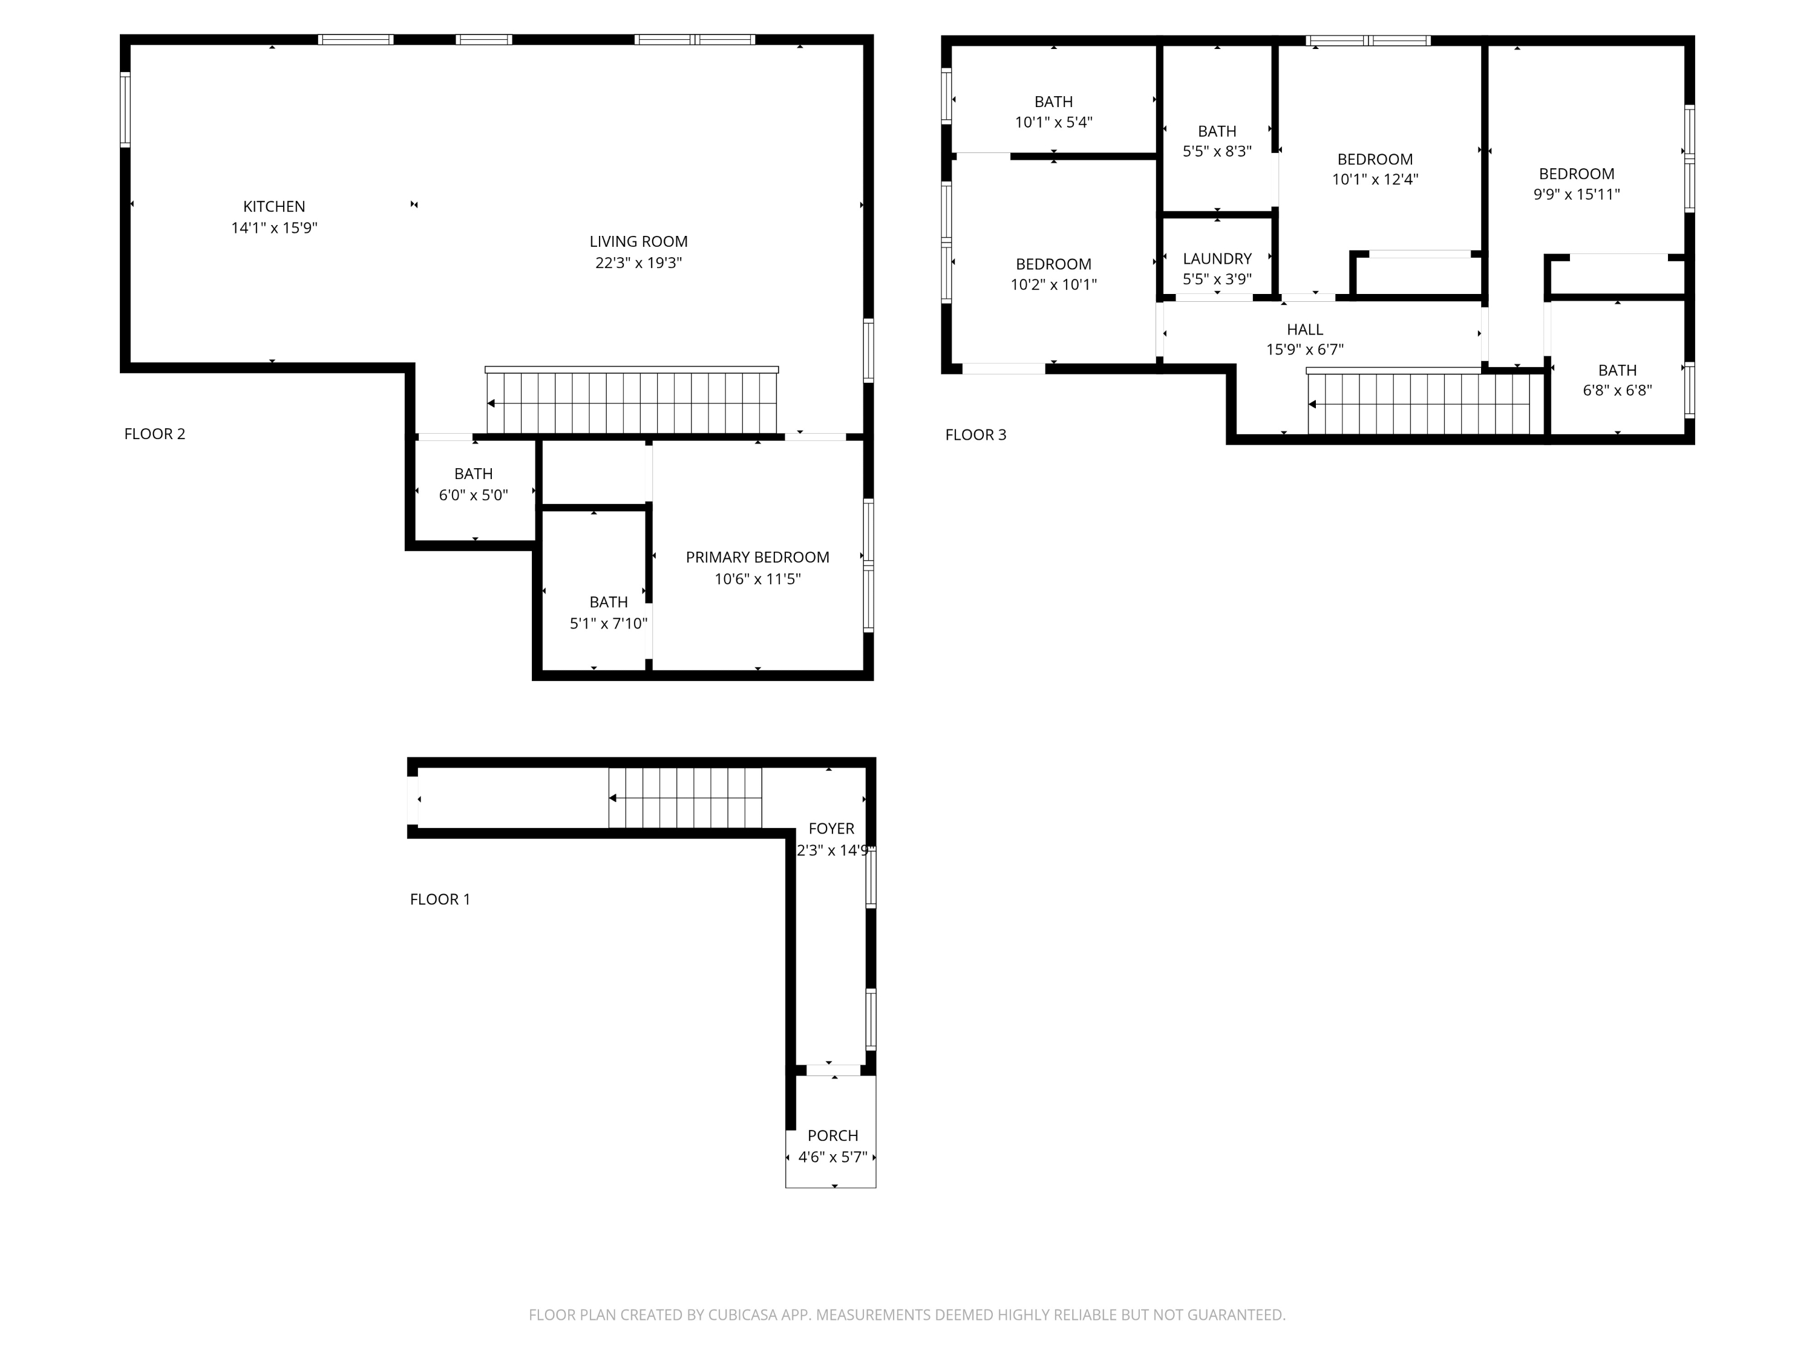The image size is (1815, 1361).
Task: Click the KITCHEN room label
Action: pos(274,207)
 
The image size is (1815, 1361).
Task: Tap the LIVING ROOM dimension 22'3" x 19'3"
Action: pos(638,263)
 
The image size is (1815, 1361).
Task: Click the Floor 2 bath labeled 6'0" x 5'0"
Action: pos(474,484)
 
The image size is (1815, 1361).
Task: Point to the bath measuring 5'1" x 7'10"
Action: pos(608,612)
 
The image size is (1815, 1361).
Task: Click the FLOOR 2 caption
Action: pos(154,434)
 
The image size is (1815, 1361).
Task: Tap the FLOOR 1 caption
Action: pos(440,899)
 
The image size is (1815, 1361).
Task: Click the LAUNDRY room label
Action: pos(1217,258)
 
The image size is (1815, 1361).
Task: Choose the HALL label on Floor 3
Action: pos(1304,329)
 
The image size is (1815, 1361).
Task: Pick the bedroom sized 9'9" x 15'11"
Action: pos(1576,184)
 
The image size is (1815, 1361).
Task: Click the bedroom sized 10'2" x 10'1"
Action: pos(1053,274)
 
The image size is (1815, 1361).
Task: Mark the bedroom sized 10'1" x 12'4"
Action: pos(1375,169)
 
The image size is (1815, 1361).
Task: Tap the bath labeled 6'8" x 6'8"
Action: pos(1617,380)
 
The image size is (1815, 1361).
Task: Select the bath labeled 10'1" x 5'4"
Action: pos(1053,111)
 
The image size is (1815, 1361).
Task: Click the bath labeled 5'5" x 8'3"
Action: pos(1216,141)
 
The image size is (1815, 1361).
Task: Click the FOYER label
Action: pos(831,829)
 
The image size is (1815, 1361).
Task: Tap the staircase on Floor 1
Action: pos(685,797)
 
